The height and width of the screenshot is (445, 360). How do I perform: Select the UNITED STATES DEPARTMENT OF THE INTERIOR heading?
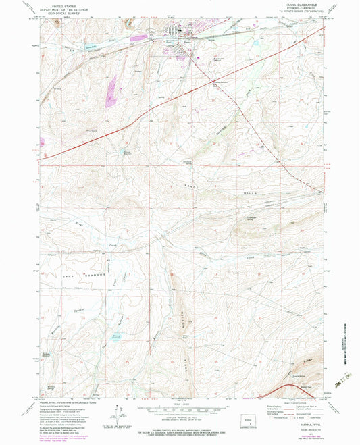point(66,7)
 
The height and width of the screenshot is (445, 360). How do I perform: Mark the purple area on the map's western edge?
point(42,142)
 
